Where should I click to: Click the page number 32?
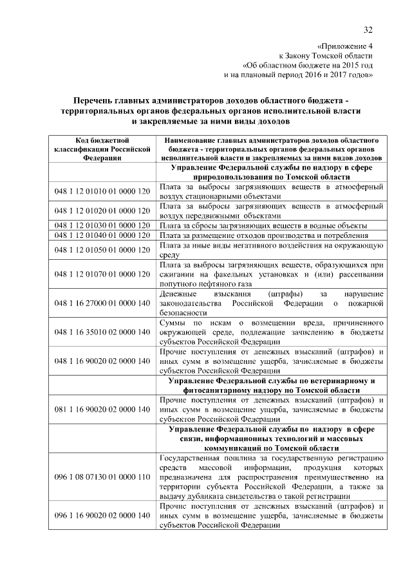pos(368,30)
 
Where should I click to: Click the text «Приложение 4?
pos(345,46)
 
